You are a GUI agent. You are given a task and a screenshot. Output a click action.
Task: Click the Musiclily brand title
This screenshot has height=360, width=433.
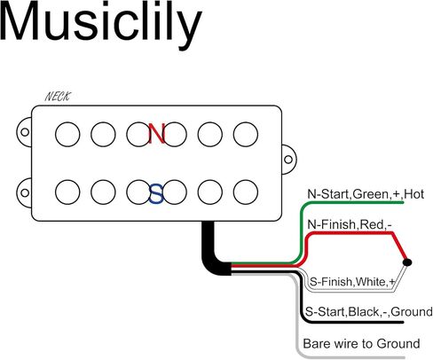coord(100,24)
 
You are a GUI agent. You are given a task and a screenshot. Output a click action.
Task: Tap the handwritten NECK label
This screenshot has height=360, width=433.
coord(58,97)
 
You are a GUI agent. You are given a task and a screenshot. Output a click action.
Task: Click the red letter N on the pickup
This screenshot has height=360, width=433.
coord(156,134)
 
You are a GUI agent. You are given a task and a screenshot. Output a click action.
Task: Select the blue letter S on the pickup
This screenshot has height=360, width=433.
coord(156,194)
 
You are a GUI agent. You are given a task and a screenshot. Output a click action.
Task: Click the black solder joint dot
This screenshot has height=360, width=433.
coord(407,262)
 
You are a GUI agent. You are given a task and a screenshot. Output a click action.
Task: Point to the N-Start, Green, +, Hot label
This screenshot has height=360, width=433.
coord(366,194)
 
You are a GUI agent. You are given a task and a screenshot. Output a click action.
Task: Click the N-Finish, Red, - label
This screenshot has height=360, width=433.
coord(350,224)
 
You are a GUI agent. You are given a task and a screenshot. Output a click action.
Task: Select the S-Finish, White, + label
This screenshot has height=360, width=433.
coord(352,282)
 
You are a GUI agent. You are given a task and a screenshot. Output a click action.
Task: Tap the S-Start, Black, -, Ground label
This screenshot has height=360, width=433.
coord(368,312)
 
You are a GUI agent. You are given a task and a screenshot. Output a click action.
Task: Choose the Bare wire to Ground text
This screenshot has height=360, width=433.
coord(361,344)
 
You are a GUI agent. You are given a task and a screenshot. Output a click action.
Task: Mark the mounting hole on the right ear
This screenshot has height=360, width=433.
coord(288,160)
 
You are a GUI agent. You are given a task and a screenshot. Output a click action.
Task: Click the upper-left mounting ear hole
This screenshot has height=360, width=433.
coord(25,132)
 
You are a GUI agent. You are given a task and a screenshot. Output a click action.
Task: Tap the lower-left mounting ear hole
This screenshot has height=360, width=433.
coord(25,193)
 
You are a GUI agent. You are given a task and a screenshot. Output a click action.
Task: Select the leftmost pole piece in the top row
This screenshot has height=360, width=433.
coord(67,135)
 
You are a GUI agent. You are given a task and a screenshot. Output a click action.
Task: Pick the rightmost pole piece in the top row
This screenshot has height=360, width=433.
coord(246,135)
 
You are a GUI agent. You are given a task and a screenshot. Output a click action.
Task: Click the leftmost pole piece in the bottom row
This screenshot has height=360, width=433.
coord(67,192)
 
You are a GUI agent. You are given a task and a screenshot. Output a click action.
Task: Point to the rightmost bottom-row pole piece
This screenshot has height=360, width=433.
coord(246,192)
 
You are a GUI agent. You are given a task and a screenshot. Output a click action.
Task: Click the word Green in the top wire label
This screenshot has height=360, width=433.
coord(370,194)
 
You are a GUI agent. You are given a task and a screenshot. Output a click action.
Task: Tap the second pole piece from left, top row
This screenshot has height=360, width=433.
coord(103,135)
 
